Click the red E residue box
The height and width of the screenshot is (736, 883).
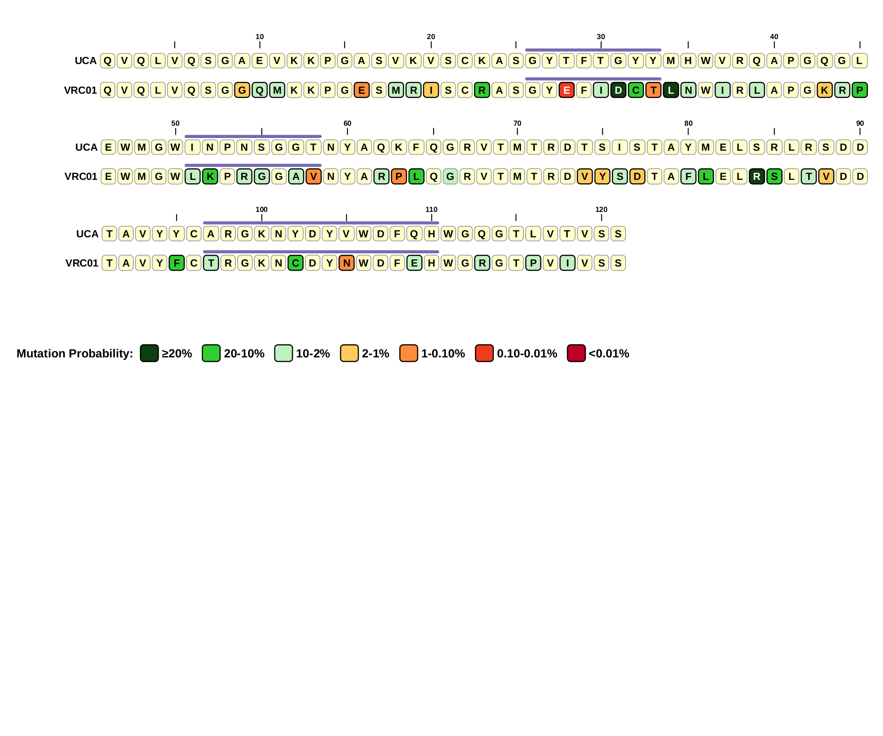pos(567,90)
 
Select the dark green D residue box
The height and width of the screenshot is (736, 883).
pos(618,90)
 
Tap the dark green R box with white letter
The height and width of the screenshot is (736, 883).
pos(757,177)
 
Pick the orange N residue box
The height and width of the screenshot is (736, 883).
pos(347,263)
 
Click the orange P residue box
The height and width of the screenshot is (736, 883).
pos(399,177)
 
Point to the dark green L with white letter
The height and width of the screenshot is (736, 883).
pos(671,90)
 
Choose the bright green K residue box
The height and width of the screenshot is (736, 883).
pos(210,177)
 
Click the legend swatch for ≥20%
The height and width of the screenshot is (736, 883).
pos(149,353)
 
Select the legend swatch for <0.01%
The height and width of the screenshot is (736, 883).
pos(576,353)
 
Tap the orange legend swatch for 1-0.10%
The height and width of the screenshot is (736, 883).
pos(409,353)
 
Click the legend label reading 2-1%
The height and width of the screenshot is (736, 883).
pos(376,354)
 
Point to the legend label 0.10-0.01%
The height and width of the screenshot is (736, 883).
pos(527,354)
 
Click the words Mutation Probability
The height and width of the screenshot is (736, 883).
pos(74,354)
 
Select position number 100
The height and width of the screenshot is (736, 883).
pos(262,210)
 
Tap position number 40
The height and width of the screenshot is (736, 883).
pos(774,37)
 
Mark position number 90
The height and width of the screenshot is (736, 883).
pos(860,123)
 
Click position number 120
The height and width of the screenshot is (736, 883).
pos(602,210)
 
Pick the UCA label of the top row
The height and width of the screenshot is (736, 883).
pos(86,61)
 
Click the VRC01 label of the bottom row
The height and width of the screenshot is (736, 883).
pos(82,263)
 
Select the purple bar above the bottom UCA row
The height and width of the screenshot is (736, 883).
pos(321,223)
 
